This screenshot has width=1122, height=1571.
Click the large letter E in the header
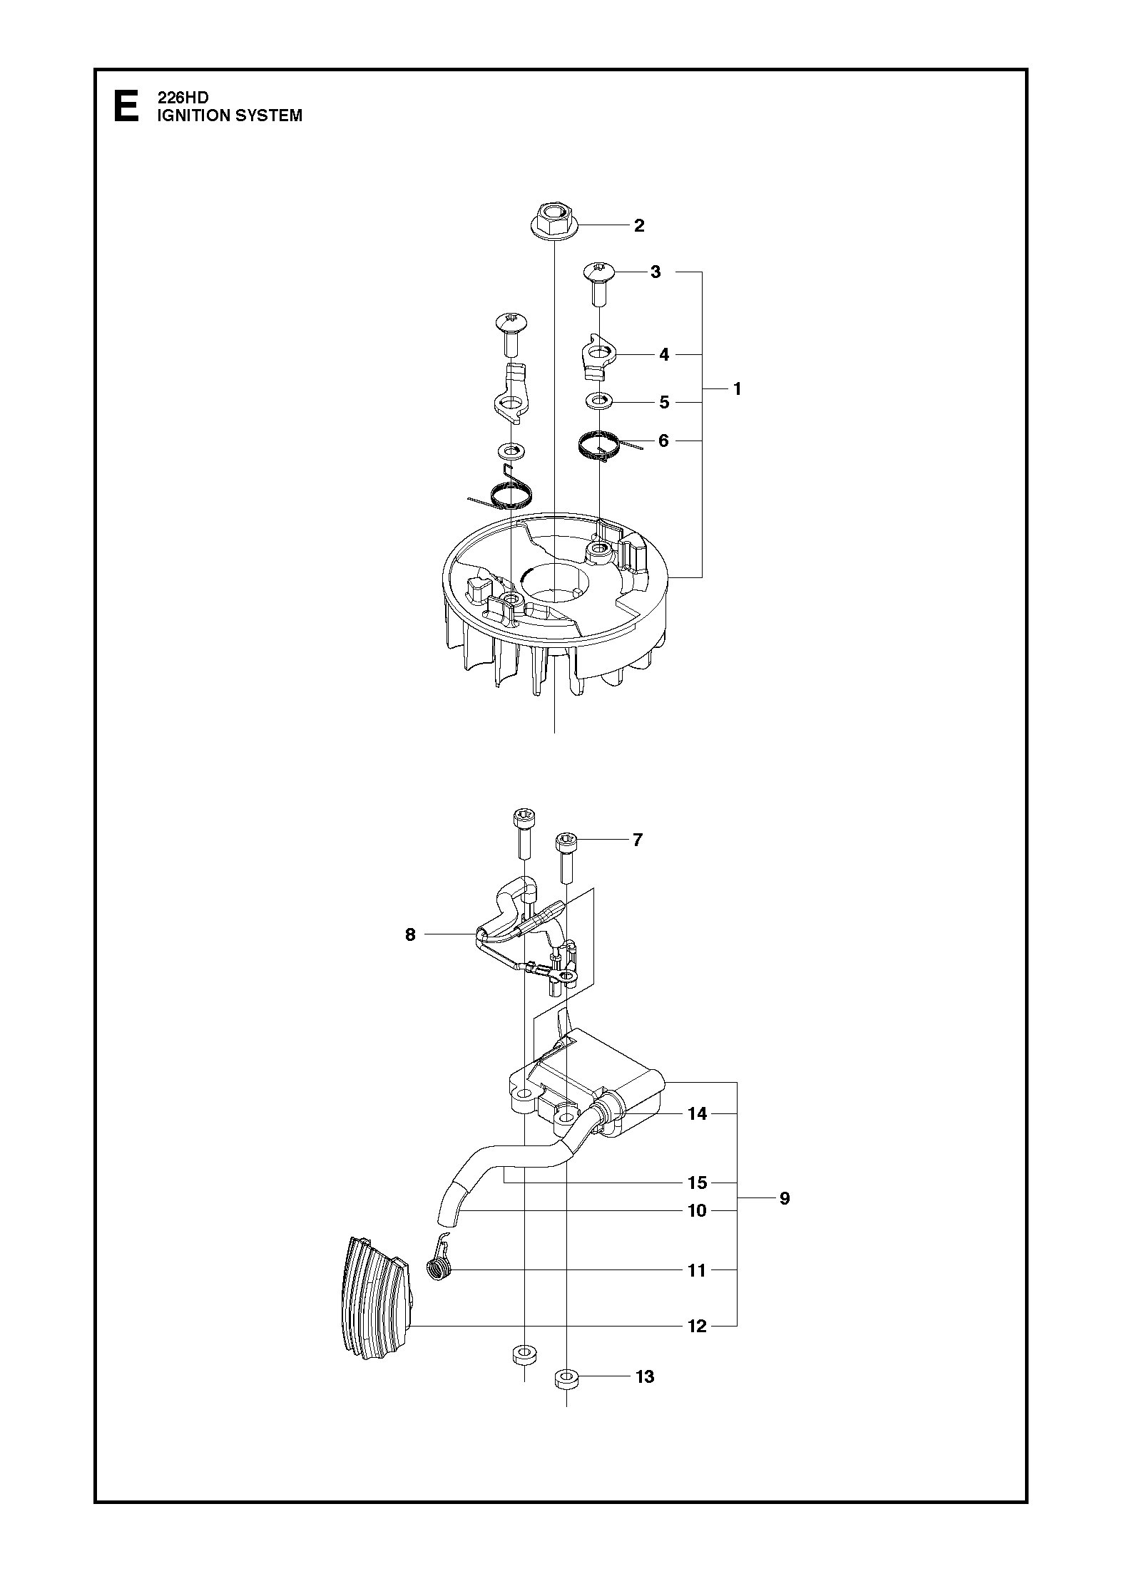pyautogui.click(x=127, y=105)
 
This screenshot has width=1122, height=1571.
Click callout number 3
pyautogui.click(x=656, y=272)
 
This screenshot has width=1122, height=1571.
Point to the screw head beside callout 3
pyautogui.click(x=599, y=270)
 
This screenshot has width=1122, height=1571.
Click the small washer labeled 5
pyautogui.click(x=600, y=402)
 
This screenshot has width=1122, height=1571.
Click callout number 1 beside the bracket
pyautogui.click(x=738, y=389)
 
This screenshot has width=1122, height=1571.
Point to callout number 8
pyautogui.click(x=410, y=934)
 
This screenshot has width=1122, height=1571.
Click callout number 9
pyautogui.click(x=785, y=1198)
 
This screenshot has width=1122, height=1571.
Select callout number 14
pyautogui.click(x=697, y=1113)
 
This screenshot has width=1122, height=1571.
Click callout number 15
pyautogui.click(x=697, y=1183)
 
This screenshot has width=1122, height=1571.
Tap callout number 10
pyautogui.click(x=697, y=1210)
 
